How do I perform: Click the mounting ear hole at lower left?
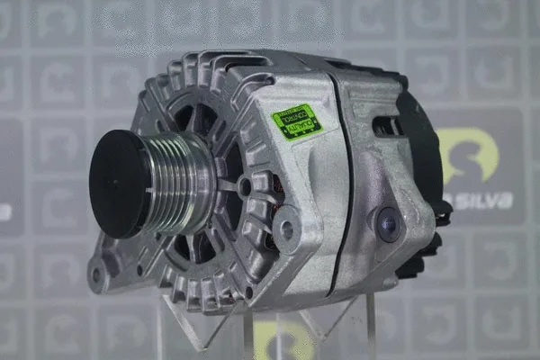point(97,274)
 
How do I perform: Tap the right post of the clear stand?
point(370,324)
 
